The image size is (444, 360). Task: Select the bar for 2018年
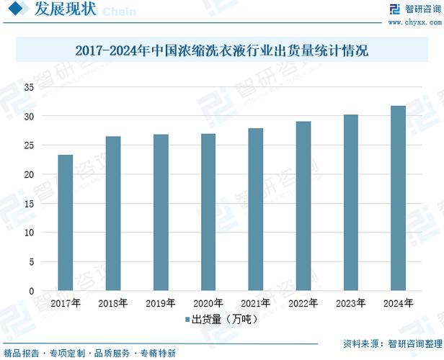[113, 213]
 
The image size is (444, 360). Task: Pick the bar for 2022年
[303, 206]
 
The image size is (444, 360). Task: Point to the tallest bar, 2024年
[398, 198]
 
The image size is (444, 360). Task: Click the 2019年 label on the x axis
[161, 303]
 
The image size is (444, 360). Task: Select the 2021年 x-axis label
[256, 303]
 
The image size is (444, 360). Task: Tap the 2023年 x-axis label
[351, 303]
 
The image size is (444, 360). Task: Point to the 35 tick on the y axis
[30, 87]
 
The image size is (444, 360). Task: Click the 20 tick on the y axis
[30, 174]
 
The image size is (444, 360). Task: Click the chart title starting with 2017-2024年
[222, 52]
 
